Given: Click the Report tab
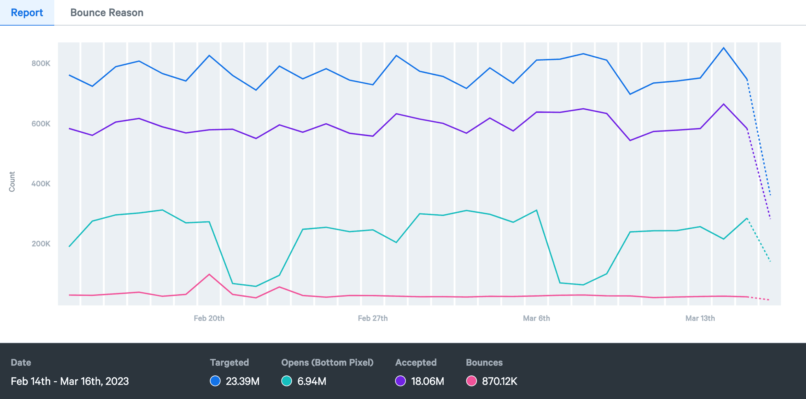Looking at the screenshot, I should point(27,13).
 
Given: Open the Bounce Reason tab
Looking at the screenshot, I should point(107,13).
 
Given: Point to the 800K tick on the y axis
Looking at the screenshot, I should point(41,63).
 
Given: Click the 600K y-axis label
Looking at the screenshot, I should point(41,124).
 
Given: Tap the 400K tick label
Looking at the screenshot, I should point(41,184).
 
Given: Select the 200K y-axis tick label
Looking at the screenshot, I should point(41,244).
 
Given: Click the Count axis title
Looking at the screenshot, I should point(12,182).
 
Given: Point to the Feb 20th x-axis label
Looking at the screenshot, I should point(209,318).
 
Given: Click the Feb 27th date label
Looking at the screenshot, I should point(373,318).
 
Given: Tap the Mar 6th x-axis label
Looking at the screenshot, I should point(536,318).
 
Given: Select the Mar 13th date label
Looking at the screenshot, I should point(700,318).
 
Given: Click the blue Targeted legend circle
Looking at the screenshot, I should point(215,381).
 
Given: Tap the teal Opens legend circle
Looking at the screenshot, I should point(287,381).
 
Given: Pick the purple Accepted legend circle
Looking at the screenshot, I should point(400,381).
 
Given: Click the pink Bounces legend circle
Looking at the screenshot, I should point(471,381).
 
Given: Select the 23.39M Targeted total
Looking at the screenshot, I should point(242,381).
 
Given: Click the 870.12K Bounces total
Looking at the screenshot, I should point(499,381).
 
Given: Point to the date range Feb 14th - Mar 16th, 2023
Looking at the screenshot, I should point(70,381).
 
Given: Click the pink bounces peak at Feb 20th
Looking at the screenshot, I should point(209,274).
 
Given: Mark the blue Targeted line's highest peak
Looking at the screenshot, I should point(723,48).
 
